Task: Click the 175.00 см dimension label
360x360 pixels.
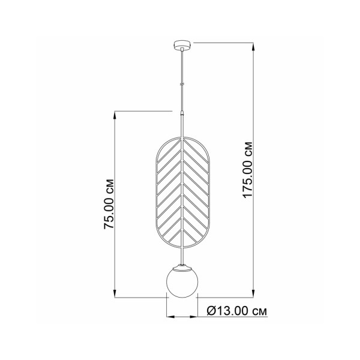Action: point(248,170)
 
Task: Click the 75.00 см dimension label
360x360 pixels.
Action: point(109,203)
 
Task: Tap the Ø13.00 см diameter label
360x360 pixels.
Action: point(237,311)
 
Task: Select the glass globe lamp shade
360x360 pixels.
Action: point(182,283)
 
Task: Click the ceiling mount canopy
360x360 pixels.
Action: point(182,45)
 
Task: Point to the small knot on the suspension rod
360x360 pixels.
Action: point(182,84)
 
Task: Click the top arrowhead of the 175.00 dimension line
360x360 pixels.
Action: point(253,47)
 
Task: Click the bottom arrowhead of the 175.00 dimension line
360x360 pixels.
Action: point(253,293)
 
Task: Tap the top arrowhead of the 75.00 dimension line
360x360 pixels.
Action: point(115,116)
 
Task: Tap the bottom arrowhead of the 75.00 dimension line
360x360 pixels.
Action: point(115,293)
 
